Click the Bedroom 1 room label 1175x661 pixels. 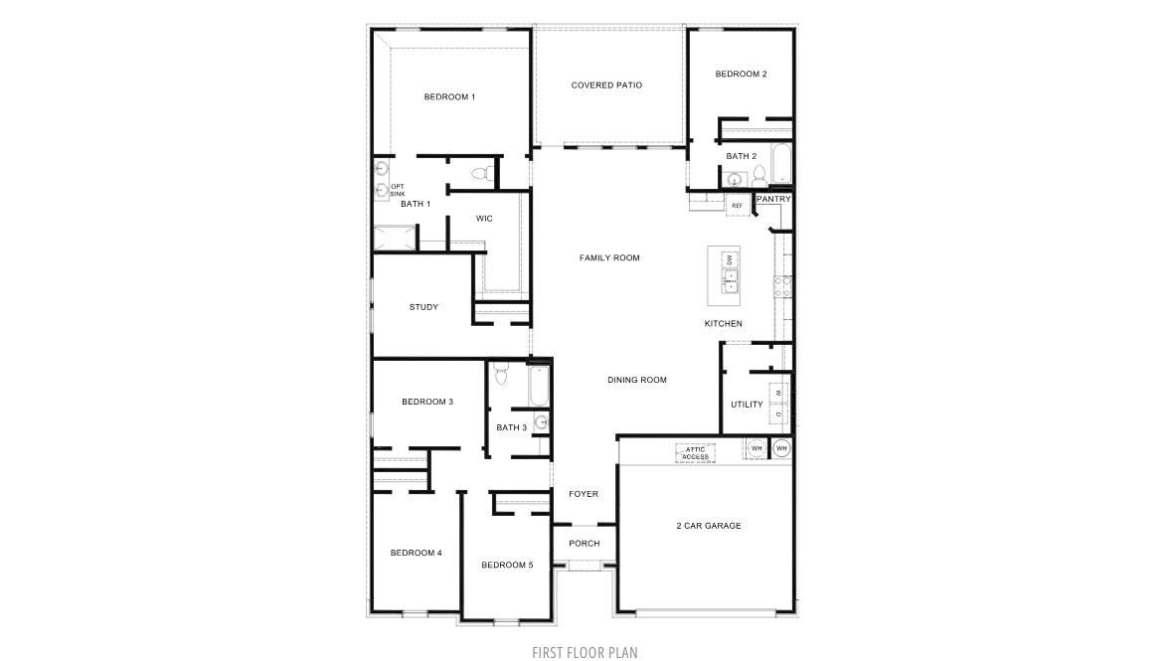[449, 96]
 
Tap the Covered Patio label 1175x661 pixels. [606, 85]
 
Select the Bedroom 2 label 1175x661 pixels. [741, 74]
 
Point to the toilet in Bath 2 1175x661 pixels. [759, 176]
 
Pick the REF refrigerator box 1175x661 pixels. [737, 206]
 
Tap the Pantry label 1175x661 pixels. [773, 199]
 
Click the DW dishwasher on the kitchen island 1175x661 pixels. [729, 259]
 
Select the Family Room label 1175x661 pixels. [609, 258]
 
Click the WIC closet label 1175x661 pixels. [485, 218]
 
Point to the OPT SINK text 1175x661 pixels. [398, 190]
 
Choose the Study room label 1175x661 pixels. [423, 307]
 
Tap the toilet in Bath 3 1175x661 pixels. [502, 375]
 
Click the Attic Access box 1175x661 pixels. [695, 452]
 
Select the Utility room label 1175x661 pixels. [747, 405]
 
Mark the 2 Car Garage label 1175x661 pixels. [709, 526]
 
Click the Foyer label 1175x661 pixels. [584, 494]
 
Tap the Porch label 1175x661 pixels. [584, 544]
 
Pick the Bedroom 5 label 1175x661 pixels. [507, 565]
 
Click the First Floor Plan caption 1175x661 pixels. [586, 652]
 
